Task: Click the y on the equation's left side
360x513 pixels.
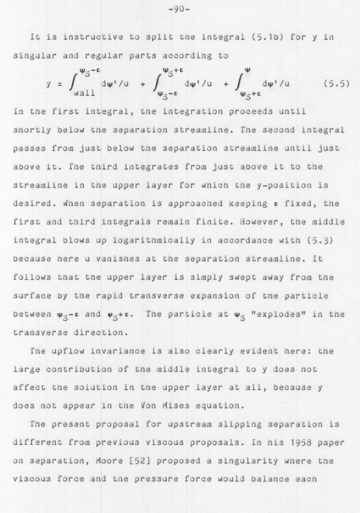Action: (49, 84)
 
